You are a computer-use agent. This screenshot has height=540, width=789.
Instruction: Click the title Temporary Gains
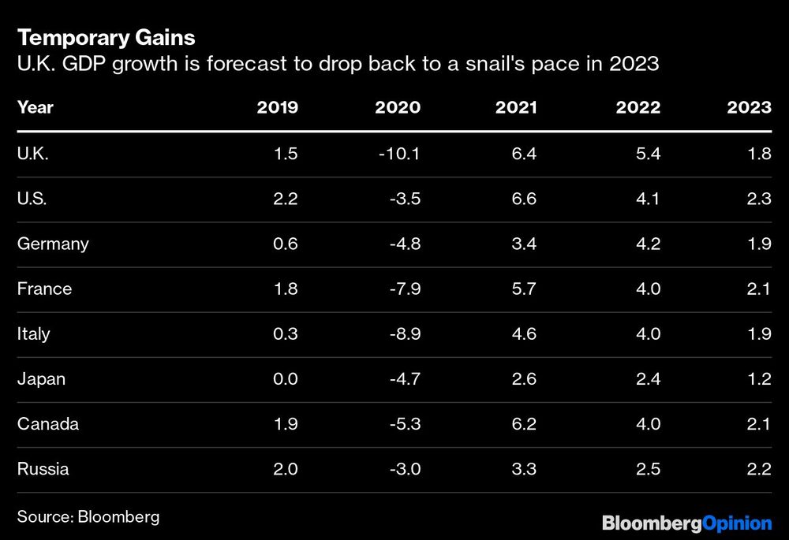[106, 37]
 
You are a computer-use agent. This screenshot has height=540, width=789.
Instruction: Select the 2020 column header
[398, 107]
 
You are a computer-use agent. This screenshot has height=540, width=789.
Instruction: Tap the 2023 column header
[749, 107]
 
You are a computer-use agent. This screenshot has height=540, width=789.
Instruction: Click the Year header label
[35, 107]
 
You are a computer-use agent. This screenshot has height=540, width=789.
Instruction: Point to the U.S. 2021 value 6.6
[523, 199]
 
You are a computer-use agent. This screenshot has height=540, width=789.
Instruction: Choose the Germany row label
[53, 244]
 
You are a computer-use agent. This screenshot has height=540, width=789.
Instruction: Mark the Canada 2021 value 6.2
[523, 424]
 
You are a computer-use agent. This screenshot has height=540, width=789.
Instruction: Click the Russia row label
[43, 469]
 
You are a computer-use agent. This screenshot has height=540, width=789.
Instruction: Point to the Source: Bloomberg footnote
[88, 516]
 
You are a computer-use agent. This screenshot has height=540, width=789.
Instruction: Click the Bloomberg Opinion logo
[686, 523]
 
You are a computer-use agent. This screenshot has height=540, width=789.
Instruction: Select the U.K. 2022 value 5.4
[647, 154]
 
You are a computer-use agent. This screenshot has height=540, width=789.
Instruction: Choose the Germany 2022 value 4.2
[647, 244]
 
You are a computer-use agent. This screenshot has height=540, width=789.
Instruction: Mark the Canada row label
[48, 424]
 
